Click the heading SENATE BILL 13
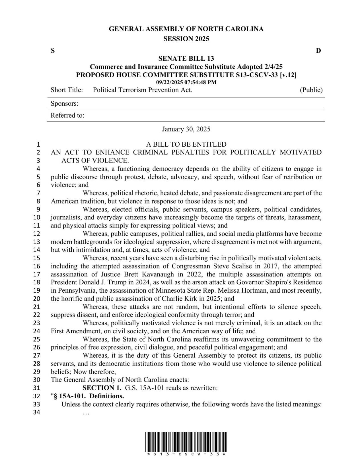[x=186, y=59]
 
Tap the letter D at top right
[x=318, y=51]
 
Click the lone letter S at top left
[x=53, y=51]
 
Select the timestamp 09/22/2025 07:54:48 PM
[x=186, y=83]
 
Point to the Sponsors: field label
[x=65, y=104]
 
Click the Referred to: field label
[x=67, y=116]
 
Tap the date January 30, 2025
[x=186, y=129]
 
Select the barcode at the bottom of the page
[x=186, y=441]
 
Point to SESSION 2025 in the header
[x=186, y=39]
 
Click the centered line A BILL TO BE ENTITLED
[x=186, y=144]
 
